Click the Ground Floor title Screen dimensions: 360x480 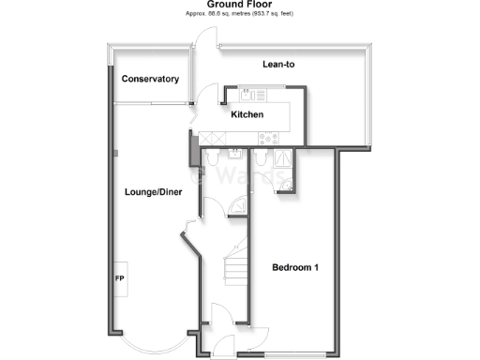tap(240, 4)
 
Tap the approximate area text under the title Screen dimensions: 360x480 tap(240, 15)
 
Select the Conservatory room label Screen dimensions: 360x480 tap(150, 80)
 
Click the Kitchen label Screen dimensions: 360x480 tap(247, 114)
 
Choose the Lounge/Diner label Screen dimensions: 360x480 tap(153, 192)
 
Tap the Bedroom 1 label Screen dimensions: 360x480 tap(295, 268)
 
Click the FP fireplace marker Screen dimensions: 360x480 tap(119, 279)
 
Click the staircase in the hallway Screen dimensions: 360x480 tap(236, 272)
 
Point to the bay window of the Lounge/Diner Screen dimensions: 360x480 tap(150, 347)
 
